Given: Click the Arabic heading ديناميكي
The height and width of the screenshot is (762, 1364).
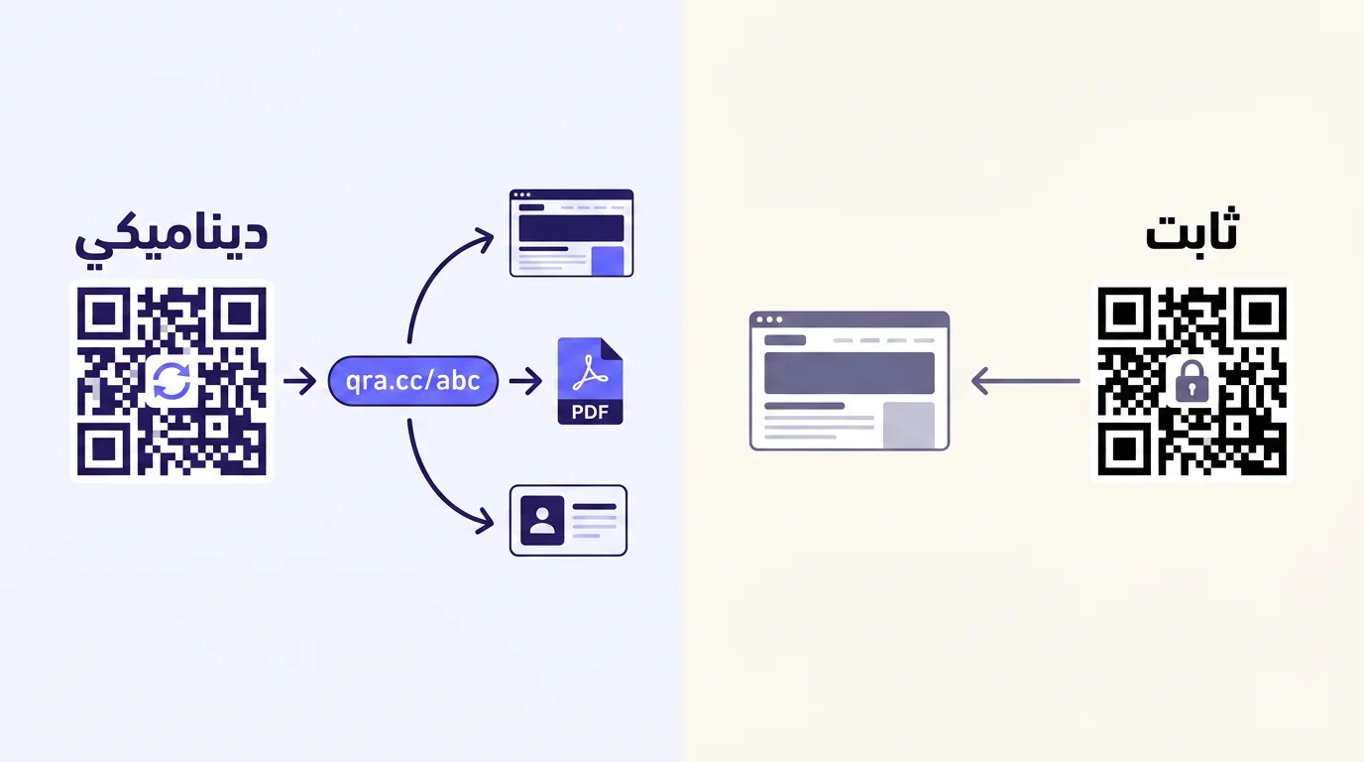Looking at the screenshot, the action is point(171,239).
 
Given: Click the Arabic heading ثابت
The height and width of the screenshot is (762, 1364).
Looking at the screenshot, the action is point(1192,230).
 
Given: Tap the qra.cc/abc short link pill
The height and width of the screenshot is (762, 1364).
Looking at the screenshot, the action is point(412,381).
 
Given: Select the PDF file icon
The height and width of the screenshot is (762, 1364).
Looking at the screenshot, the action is point(590,381).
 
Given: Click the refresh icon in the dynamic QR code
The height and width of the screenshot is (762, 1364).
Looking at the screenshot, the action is point(171,381).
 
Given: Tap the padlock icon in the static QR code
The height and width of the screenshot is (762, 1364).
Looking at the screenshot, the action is point(1192,382).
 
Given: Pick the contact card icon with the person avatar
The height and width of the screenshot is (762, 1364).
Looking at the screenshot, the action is point(568,521).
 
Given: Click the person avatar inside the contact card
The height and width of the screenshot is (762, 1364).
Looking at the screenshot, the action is point(542,521).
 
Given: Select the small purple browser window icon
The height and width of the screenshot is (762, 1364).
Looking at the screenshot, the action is point(571,233).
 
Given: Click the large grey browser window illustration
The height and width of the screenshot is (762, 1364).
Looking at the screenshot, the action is point(850,381).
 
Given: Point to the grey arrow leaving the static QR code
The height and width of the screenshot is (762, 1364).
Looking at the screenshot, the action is point(1026,382).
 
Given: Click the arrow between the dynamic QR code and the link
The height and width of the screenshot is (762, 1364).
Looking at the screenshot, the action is point(300,381).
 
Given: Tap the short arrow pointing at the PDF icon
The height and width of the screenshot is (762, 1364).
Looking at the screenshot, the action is point(525,381).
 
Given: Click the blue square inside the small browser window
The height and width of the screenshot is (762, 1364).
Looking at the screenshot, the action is point(608,261).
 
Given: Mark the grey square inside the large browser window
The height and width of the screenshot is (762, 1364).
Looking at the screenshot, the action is point(909,425).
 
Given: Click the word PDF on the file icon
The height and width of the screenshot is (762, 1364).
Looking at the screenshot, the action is point(590,413).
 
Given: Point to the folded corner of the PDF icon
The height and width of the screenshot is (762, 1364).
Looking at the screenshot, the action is point(612,348).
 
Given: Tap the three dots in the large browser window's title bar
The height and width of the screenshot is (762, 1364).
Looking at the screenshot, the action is point(769,319).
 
